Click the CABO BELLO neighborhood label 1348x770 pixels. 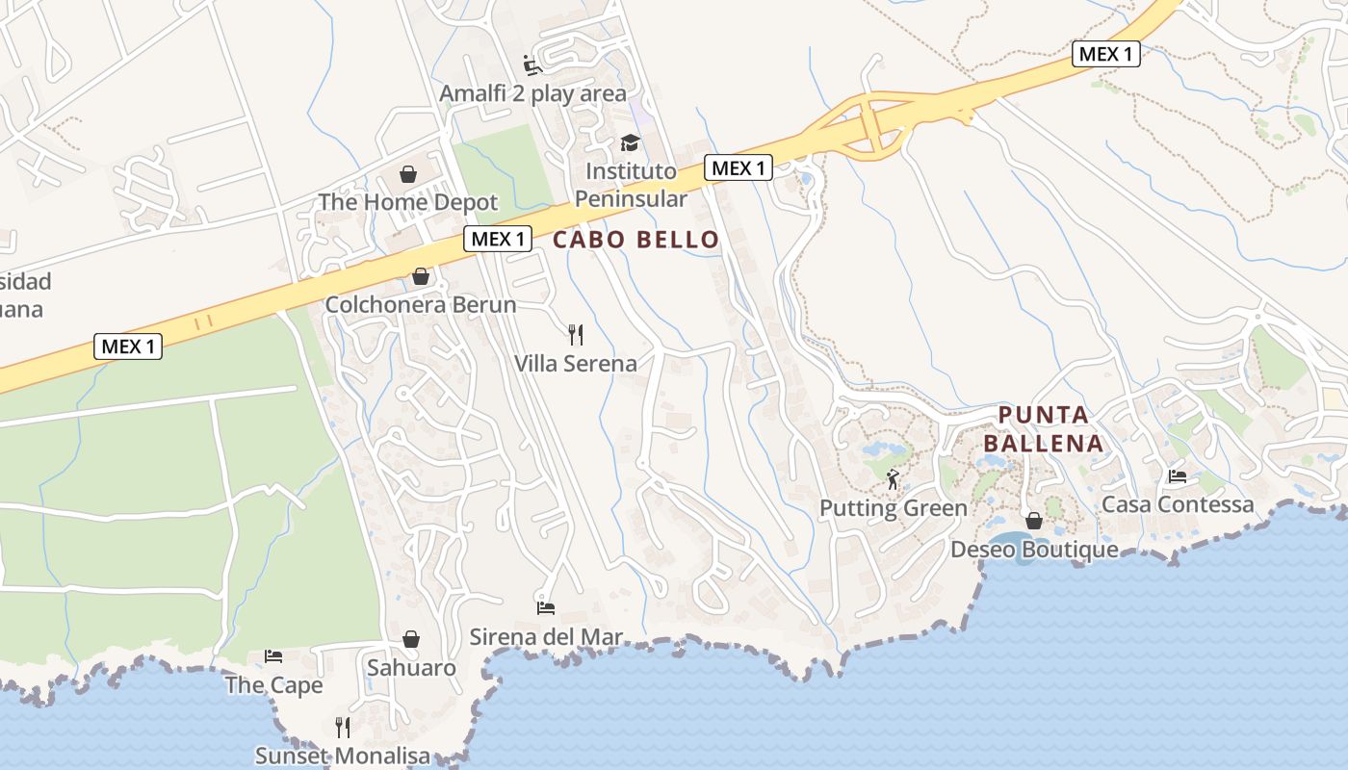point(635,240)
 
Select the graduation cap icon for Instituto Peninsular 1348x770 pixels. point(630,143)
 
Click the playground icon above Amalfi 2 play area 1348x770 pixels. point(532,65)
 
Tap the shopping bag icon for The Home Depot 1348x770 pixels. point(408,174)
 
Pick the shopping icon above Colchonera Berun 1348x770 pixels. point(421,277)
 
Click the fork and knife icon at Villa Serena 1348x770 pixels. point(576,335)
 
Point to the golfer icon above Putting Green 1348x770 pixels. point(893,478)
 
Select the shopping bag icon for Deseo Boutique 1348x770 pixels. point(1034,521)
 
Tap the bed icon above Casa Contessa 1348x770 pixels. point(1177,475)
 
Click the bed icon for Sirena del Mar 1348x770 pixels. point(546,607)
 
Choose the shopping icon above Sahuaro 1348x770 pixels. point(411,639)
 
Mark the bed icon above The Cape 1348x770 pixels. point(273,656)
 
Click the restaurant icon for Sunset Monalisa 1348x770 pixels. point(342,727)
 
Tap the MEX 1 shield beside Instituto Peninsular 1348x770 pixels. point(739,168)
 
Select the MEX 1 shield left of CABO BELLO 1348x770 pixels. point(498,239)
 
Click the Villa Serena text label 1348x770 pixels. point(576,364)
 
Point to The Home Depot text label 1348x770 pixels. point(408,202)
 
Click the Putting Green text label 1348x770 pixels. point(893,508)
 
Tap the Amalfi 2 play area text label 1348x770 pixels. point(532,93)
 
